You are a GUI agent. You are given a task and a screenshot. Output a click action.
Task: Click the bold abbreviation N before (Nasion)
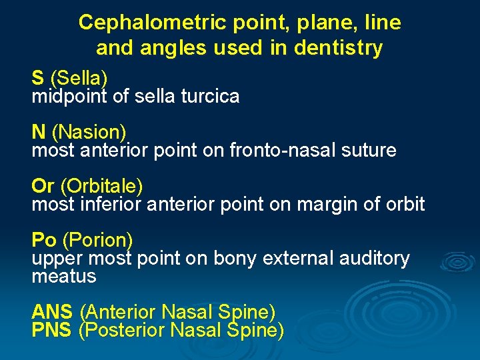pyautogui.click(x=39, y=132)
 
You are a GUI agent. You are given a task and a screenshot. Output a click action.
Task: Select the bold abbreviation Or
pyautogui.click(x=43, y=185)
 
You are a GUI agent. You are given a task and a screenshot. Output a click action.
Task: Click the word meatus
pyautogui.click(x=64, y=275)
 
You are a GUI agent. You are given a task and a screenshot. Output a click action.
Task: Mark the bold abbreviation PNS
pyautogui.click(x=51, y=329)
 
